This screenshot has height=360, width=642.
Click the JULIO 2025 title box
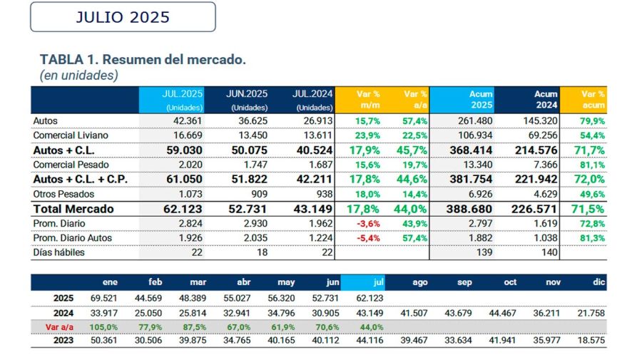pyautogui.click(x=123, y=17)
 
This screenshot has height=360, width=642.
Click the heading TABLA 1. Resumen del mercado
pyautogui.click(x=143, y=59)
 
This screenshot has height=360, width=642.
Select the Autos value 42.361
pyautogui.click(x=188, y=121)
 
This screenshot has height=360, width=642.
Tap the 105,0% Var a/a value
pyautogui.click(x=103, y=326)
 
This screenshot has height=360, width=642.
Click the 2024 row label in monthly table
pyautogui.click(x=63, y=312)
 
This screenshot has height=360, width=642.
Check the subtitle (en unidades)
pyautogui.click(x=78, y=75)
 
